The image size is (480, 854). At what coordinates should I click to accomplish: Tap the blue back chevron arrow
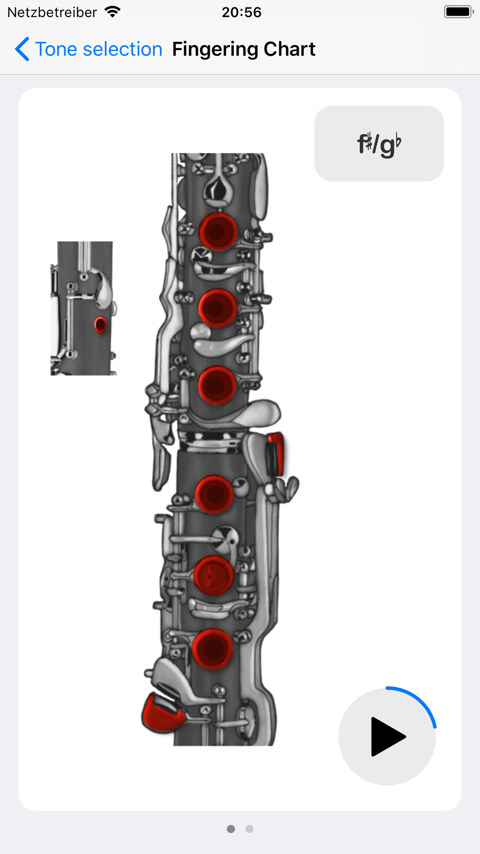click(22, 49)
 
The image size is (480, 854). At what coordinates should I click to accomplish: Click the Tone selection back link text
click(99, 49)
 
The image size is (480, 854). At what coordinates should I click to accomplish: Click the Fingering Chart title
click(244, 49)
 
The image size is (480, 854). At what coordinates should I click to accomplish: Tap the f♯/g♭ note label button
click(379, 144)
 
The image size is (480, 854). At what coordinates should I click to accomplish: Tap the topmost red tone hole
click(218, 232)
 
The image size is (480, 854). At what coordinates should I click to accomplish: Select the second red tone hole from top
click(217, 308)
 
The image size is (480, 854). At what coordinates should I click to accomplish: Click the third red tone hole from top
click(216, 385)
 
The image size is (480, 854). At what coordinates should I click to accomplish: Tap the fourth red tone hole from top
click(214, 494)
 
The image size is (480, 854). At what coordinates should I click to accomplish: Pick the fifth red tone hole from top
click(213, 575)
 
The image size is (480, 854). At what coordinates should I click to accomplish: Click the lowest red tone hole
click(212, 649)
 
